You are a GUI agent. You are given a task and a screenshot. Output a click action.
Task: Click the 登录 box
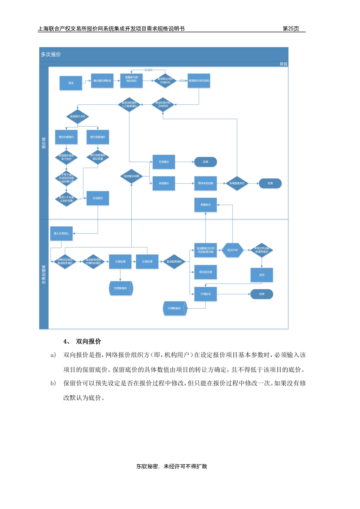(71, 83)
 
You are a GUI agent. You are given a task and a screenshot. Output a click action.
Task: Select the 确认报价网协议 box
(102, 81)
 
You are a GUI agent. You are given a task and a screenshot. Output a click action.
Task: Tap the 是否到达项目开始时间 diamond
(165, 81)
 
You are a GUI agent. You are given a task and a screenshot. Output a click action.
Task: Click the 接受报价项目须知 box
(199, 81)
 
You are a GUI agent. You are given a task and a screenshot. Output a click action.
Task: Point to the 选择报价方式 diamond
(77, 117)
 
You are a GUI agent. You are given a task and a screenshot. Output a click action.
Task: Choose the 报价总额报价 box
(66, 137)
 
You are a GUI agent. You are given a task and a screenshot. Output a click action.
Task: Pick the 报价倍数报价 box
(98, 137)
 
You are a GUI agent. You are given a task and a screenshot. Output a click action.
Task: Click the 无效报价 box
(164, 162)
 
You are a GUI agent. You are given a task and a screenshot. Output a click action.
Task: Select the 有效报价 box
(164, 183)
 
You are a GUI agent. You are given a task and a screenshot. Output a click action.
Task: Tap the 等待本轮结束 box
(206, 183)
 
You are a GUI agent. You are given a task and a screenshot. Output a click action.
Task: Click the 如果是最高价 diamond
(237, 183)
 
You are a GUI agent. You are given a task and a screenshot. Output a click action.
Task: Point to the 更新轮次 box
(206, 205)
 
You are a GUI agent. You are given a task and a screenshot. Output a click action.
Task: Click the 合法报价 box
(98, 198)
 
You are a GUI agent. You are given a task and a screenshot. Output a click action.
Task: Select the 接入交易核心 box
(62, 233)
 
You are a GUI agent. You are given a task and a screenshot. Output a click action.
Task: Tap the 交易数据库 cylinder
(121, 288)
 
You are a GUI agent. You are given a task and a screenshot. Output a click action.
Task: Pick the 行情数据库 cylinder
(175, 309)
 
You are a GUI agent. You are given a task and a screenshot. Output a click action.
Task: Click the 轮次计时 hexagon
(233, 250)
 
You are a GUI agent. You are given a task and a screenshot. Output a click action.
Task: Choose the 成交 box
(262, 275)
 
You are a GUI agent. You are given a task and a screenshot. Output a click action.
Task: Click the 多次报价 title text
(51, 54)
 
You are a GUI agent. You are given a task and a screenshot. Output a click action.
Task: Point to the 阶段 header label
(283, 64)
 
